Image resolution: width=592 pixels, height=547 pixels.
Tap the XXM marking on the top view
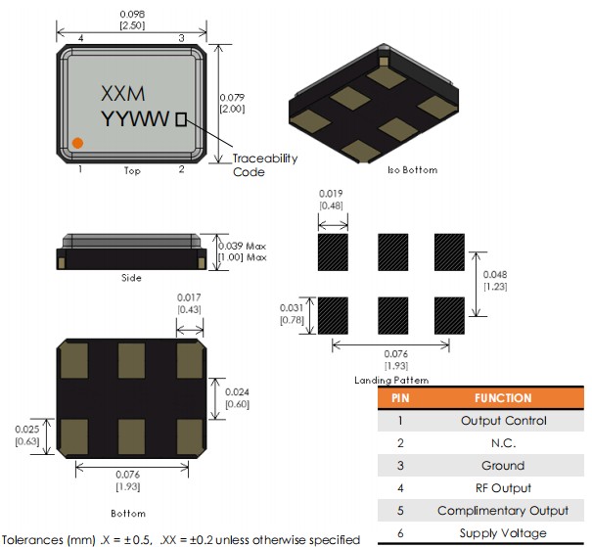(123, 94)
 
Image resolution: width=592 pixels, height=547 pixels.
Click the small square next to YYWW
(180, 119)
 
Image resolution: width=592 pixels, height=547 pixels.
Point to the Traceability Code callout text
(264, 165)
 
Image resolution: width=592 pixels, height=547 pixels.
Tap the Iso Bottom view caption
(413, 169)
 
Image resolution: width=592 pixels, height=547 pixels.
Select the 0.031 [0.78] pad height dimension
(292, 314)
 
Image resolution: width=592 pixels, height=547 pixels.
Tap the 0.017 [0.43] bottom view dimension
(189, 303)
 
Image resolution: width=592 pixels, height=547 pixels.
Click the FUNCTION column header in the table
(503, 398)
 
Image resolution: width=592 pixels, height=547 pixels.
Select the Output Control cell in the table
(503, 421)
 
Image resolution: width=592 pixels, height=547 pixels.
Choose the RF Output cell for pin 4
(503, 488)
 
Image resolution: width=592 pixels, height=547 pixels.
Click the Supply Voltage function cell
(503, 533)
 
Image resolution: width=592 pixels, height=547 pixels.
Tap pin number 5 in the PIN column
(400, 511)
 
